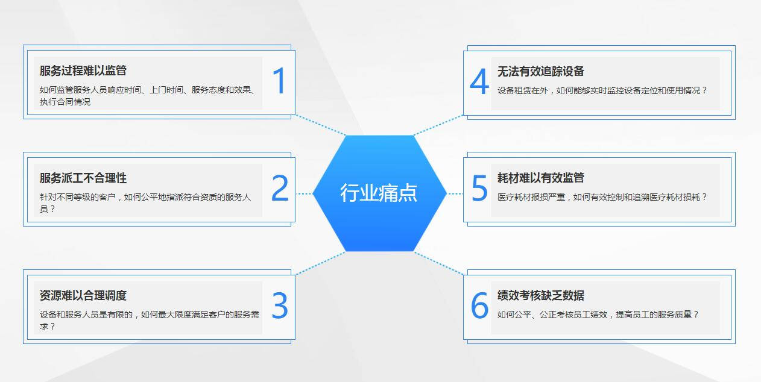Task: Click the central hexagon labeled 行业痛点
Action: click(x=379, y=193)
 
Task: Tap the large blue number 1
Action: click(x=280, y=81)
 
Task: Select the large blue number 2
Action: click(x=280, y=187)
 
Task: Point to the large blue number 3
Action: click(x=280, y=305)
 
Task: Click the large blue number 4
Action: click(x=479, y=81)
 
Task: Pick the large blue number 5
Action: click(x=479, y=188)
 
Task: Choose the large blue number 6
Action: click(x=479, y=305)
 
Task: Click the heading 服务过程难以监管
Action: click(x=83, y=70)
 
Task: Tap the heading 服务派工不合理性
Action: click(x=83, y=178)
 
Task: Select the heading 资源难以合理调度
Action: click(x=83, y=295)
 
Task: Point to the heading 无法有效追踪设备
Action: click(x=540, y=71)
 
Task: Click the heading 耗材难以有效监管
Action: click(x=540, y=178)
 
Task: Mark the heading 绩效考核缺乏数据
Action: click(x=540, y=295)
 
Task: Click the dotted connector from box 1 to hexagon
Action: click(x=321, y=125)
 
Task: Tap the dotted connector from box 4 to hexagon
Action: click(x=438, y=125)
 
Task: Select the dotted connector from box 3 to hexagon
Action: click(x=321, y=263)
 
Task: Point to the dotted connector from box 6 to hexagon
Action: click(x=438, y=263)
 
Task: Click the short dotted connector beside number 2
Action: click(x=303, y=193)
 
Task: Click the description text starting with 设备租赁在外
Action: click(x=602, y=90)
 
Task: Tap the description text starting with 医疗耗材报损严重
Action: click(x=602, y=197)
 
